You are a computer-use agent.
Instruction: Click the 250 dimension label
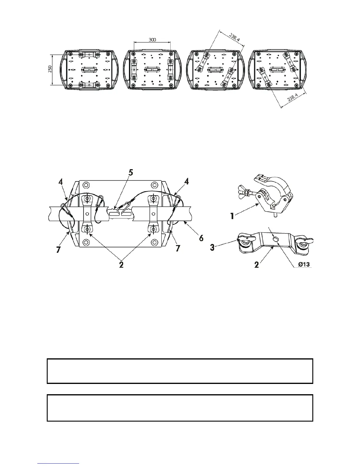pyautogui.click(x=50, y=69)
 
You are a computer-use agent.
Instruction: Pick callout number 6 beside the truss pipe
pyautogui.click(x=201, y=238)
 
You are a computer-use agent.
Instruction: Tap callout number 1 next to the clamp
pyautogui.click(x=232, y=216)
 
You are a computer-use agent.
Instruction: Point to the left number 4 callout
pyautogui.click(x=60, y=182)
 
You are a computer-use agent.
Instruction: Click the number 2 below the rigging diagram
pyautogui.click(x=121, y=264)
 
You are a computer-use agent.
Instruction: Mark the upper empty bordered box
pyautogui.click(x=180, y=371)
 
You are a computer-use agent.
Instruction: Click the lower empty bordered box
pyautogui.click(x=180, y=408)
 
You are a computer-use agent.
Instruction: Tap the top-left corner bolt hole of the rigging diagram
pyautogui.click(x=86, y=185)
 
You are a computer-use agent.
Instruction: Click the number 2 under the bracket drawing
pyautogui.click(x=257, y=265)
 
